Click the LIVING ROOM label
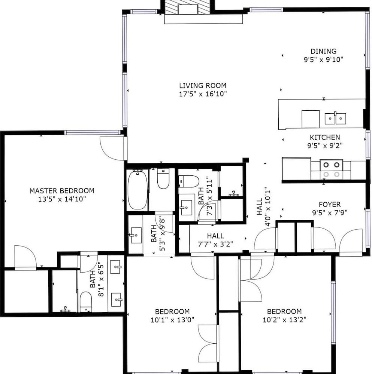click(x=203, y=85)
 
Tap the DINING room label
click(x=323, y=51)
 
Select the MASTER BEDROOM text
click(x=62, y=191)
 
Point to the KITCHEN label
click(x=325, y=137)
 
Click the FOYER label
click(x=329, y=205)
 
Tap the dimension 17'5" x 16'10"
click(x=203, y=94)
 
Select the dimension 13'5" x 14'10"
click(x=62, y=199)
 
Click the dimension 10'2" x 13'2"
click(x=284, y=320)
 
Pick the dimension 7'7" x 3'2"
click(x=215, y=244)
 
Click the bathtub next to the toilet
click(x=137, y=190)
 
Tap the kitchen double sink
click(x=335, y=118)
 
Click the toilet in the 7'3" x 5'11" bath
click(x=189, y=181)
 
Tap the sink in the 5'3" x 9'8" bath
click(x=136, y=235)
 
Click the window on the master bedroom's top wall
click(x=92, y=132)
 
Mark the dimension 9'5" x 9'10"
click(x=323, y=59)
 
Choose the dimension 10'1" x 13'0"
click(x=172, y=320)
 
